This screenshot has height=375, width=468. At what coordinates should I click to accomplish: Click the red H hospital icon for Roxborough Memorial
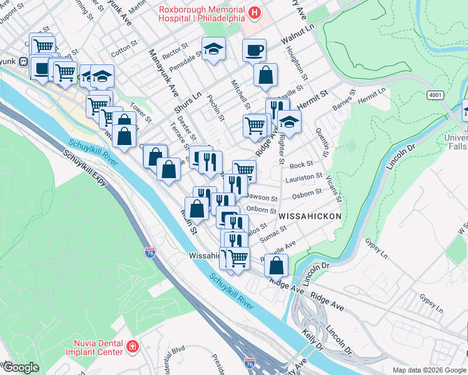click(x=255, y=12)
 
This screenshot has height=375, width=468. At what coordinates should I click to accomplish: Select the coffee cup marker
click(x=255, y=49)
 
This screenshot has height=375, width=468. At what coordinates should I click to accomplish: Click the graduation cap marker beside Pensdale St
click(x=213, y=49)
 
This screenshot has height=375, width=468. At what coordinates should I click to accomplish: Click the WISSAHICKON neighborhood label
click(x=310, y=216)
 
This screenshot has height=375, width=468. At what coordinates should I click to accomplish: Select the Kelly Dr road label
click(x=312, y=341)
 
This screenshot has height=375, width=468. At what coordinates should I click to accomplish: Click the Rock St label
click(x=301, y=164)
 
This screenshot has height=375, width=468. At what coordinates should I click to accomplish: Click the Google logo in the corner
click(x=20, y=367)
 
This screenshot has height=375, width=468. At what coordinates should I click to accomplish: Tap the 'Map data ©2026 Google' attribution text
click(x=428, y=370)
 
